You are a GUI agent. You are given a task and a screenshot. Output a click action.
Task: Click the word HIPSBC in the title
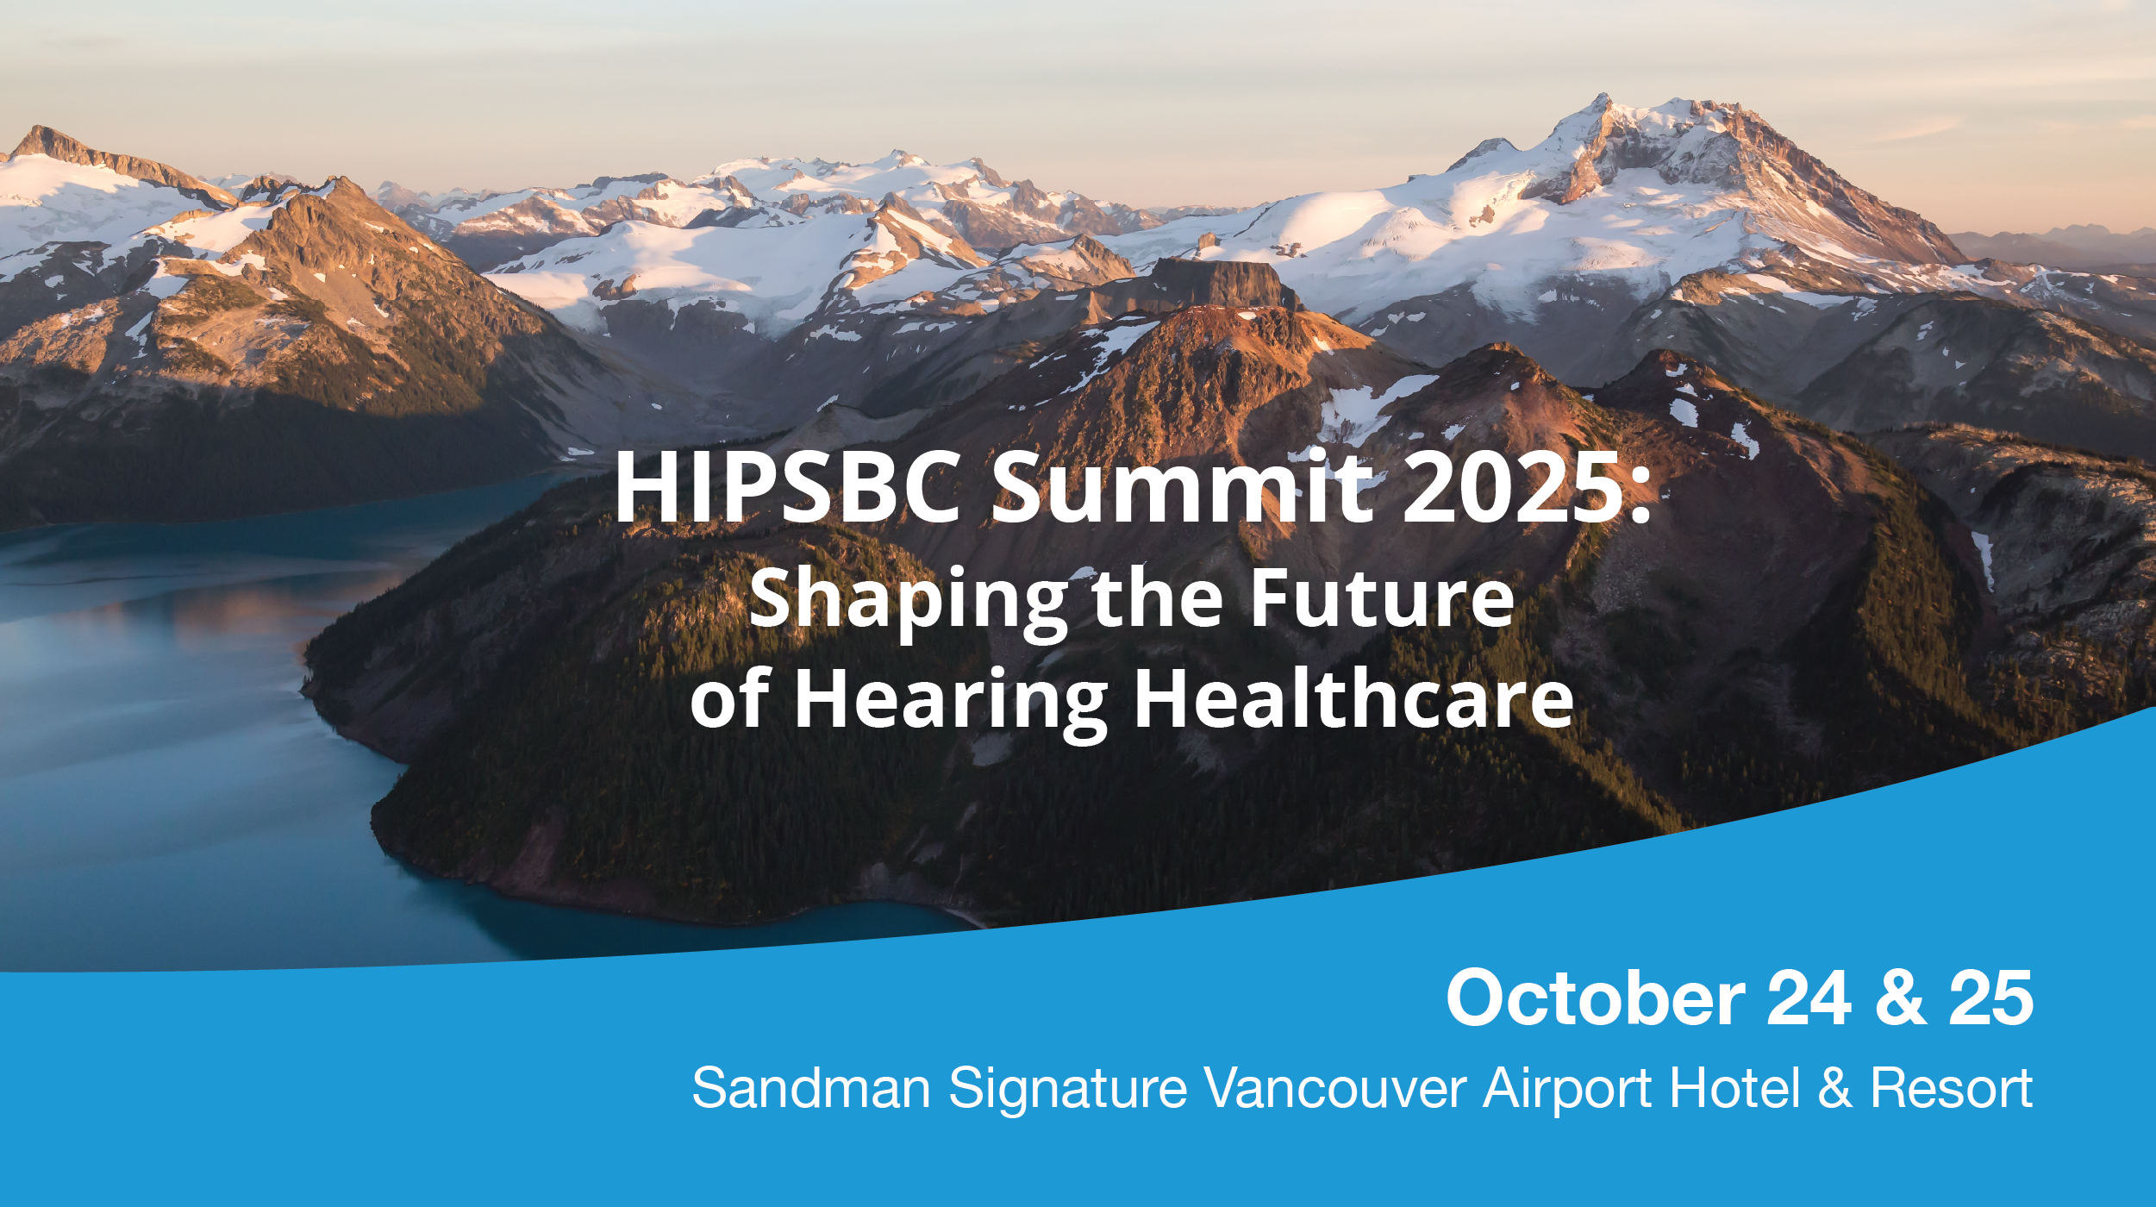(788, 487)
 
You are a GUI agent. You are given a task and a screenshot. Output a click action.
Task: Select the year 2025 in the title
(1512, 487)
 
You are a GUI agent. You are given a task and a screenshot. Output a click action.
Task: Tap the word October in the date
(1596, 997)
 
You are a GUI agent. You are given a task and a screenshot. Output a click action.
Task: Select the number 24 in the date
(1809, 997)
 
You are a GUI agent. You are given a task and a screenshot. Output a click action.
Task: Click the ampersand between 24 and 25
(1900, 997)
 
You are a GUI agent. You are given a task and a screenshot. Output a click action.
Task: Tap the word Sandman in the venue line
(811, 1088)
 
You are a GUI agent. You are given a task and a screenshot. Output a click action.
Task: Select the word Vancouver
(1335, 1088)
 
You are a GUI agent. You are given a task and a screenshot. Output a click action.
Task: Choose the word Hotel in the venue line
(1734, 1088)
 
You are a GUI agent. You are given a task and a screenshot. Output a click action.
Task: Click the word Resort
(1952, 1088)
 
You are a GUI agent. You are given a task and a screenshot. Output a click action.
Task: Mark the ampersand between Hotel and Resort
(1834, 1088)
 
